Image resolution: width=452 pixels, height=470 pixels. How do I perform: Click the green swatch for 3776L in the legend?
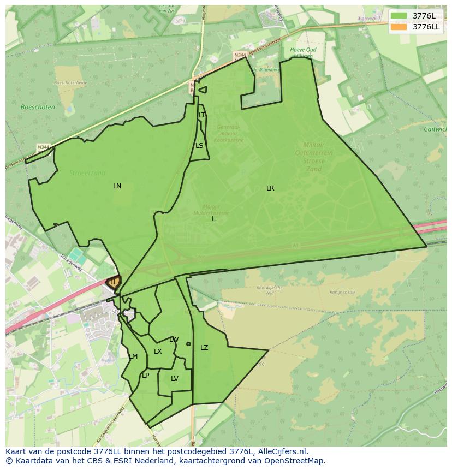399,16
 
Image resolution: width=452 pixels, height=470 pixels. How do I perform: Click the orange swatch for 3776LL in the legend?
399,27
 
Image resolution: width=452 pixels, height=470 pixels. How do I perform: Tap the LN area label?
117,186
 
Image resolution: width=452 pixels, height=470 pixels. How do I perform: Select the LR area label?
270,188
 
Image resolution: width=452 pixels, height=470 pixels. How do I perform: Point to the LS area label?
199,146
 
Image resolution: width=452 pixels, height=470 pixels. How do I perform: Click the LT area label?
202,115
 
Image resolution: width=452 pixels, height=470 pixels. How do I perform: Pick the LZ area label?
204,348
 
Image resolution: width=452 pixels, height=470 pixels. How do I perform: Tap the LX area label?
158,352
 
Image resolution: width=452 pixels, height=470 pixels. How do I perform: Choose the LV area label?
175,379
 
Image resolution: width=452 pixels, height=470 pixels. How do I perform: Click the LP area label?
145,376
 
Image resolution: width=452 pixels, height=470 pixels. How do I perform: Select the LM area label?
133,356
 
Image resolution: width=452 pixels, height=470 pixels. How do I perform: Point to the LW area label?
174,340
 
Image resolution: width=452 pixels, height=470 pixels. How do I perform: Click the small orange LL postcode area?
114,282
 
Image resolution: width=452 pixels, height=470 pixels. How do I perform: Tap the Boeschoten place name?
38,108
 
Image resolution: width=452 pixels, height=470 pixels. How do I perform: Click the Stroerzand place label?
87,173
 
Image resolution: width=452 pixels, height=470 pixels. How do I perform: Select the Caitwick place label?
435,129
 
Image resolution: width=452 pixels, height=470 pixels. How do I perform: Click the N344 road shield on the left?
43,147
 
